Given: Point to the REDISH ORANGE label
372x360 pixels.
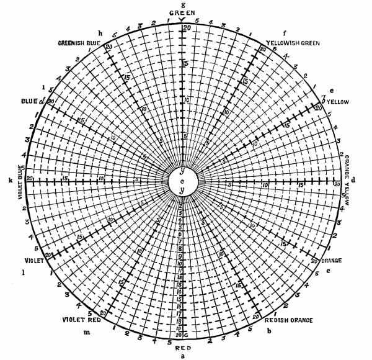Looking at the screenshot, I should coord(289,320).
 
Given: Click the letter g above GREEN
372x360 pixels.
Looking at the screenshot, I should coord(182,4).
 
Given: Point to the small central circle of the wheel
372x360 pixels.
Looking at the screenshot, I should coord(183,181).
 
